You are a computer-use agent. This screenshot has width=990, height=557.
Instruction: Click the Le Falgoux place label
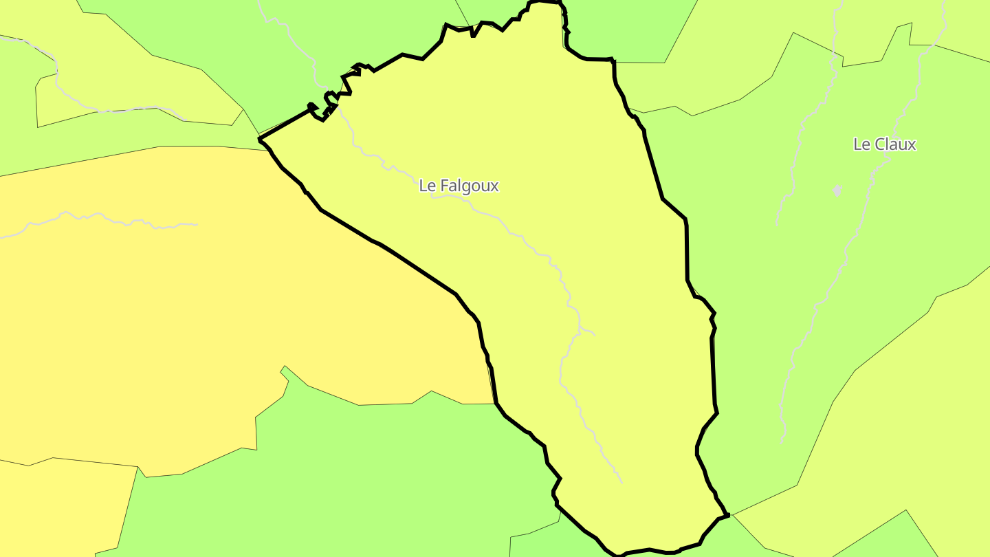pos(459,186)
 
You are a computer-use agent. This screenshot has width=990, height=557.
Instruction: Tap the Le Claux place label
pos(884,144)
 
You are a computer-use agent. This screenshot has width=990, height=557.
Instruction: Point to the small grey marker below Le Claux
pos(837,190)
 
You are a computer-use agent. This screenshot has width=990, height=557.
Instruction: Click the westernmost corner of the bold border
pos(259,139)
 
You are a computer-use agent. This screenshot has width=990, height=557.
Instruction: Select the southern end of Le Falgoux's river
pos(621,482)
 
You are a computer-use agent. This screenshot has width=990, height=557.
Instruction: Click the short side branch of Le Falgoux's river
pos(588,333)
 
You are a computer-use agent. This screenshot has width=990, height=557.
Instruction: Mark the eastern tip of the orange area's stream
pos(197,224)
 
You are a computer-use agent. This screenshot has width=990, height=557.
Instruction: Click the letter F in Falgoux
pos(443,186)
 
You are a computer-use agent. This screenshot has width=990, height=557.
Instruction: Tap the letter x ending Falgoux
pos(494,186)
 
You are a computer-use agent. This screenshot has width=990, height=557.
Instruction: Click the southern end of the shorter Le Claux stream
pos(777,224)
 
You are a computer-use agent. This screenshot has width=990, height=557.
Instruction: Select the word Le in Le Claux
pos(861,144)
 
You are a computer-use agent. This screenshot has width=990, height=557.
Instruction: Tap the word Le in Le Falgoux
pos(426,186)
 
